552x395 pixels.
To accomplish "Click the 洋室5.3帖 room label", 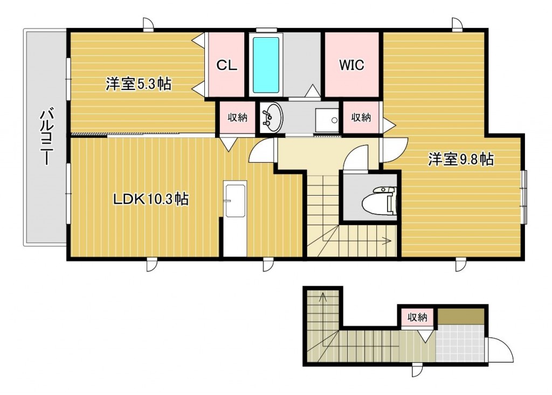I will tap(138, 84).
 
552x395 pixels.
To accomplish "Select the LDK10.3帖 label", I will tap(150, 199).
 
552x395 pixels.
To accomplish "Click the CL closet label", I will tap(227, 65).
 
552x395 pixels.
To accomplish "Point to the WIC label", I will tap(351, 65).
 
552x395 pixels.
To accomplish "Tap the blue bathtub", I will tap(266, 65).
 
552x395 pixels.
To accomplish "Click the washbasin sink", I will tap(271, 117).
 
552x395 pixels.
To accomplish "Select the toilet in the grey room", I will tap(381, 200).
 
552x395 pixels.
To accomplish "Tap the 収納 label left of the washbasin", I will tap(237, 117).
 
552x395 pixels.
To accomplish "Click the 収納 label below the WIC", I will tap(361, 117).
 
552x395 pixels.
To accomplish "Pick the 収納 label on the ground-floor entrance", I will tap(417, 317).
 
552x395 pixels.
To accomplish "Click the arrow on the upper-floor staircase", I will tap(386, 241).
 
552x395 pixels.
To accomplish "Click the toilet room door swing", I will tap(356, 159).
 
